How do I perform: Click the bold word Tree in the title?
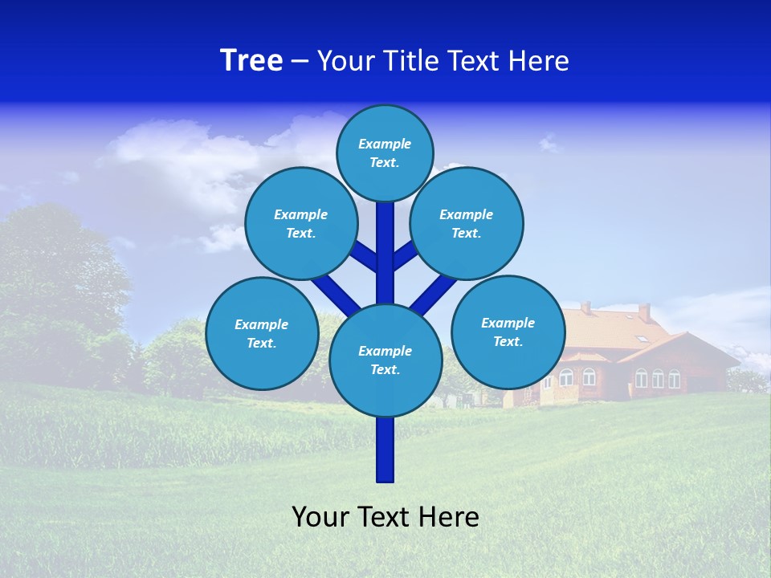[251, 61]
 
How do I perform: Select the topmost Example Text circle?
[385, 153]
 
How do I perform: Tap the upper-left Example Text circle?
[301, 223]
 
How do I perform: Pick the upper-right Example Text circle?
[467, 223]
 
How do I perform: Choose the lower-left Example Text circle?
[262, 333]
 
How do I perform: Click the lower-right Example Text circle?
[508, 332]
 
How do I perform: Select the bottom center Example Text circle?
[385, 360]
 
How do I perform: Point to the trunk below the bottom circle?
[385, 450]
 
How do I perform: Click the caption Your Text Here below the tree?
[385, 517]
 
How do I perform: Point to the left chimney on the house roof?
[586, 307]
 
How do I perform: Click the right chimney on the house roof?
[644, 311]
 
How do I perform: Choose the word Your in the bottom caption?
[320, 517]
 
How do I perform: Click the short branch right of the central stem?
[405, 255]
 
